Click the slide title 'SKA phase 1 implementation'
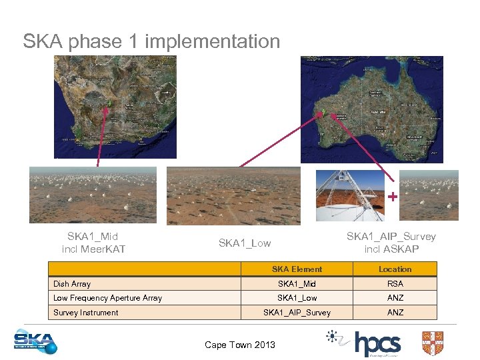tap(151, 41)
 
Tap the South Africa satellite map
tap(115, 107)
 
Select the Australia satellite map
tap(371, 109)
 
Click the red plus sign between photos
tap(393, 197)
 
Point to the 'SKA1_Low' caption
tap(245, 243)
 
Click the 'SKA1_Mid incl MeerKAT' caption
tap(93, 243)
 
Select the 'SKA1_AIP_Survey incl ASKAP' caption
tap(391, 243)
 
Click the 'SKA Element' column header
tap(297, 269)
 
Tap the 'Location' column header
tap(395, 269)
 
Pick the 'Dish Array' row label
tap(72, 284)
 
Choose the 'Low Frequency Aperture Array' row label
tap(107, 298)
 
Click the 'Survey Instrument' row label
tap(86, 313)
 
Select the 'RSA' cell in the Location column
tap(395, 284)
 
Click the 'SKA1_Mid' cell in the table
tap(297, 284)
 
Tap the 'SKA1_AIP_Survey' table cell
tap(297, 313)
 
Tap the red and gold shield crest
tap(433, 343)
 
